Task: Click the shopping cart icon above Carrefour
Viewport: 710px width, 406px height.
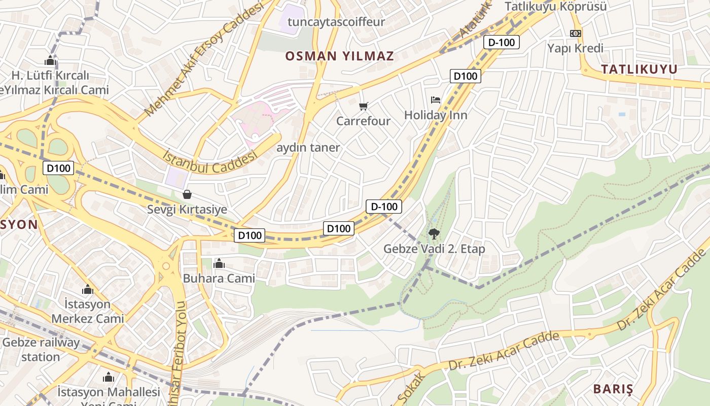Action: click(363, 106)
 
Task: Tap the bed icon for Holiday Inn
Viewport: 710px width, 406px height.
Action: click(435, 99)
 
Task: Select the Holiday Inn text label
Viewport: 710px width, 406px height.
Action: click(435, 115)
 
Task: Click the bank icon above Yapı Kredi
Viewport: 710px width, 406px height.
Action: click(575, 33)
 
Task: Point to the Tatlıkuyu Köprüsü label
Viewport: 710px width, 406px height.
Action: click(556, 7)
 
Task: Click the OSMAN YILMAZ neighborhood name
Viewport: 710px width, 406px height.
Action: click(339, 56)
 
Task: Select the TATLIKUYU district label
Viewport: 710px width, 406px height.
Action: click(639, 70)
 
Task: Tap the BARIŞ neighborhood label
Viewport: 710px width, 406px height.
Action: click(613, 389)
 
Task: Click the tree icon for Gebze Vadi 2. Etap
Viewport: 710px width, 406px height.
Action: click(434, 234)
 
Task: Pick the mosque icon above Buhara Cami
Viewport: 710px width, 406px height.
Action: click(219, 263)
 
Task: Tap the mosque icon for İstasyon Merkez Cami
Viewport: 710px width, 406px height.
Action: click(88, 289)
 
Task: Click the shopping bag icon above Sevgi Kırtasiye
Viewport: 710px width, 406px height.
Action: click(187, 194)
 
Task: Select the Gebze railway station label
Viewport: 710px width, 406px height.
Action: click(41, 349)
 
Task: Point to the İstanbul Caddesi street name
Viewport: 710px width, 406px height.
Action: click(210, 161)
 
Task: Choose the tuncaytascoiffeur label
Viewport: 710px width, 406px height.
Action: click(336, 22)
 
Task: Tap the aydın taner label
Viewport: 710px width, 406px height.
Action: click(308, 147)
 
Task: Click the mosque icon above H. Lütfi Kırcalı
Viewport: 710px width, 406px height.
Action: click(50, 61)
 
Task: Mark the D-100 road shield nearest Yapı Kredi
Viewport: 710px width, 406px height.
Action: click(502, 42)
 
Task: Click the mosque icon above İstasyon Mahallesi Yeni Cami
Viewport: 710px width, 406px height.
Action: click(109, 377)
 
